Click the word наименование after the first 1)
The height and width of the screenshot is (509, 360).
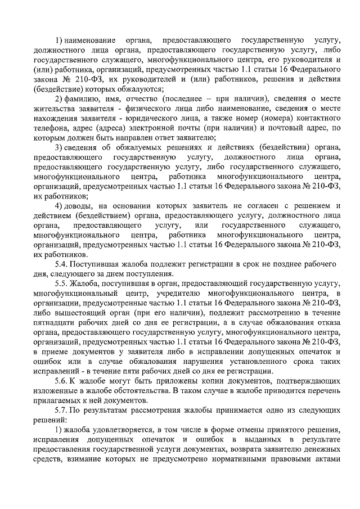tap(91, 41)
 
